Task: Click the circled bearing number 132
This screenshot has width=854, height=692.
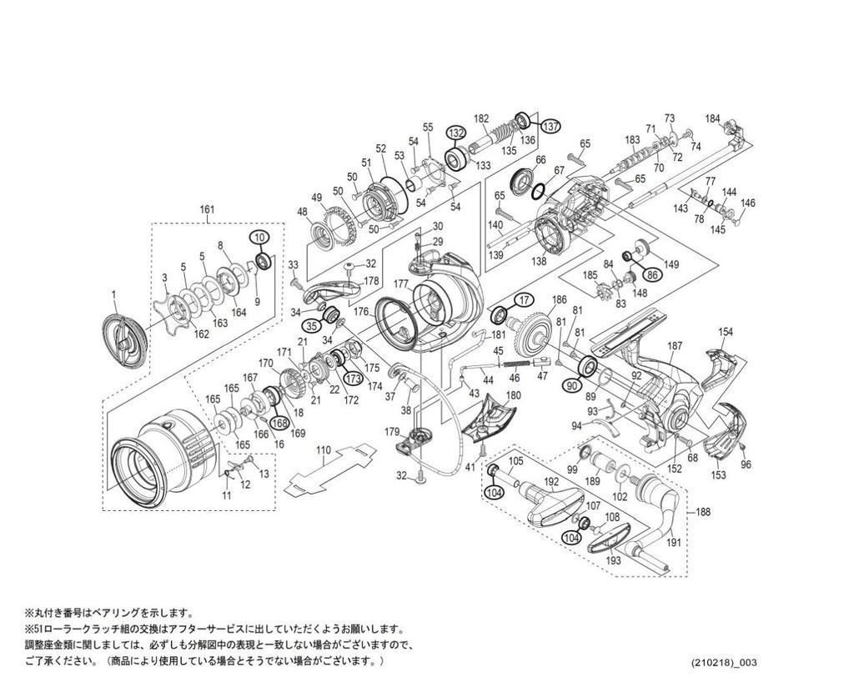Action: [455, 133]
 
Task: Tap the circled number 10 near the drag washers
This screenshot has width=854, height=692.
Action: [260, 238]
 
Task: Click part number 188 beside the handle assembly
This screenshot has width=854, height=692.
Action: [703, 513]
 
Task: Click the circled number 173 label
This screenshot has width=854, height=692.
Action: [352, 379]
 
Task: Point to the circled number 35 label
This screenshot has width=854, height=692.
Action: [311, 326]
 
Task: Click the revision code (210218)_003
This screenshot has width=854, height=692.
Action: [724, 663]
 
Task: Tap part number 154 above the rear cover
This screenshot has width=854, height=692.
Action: [726, 332]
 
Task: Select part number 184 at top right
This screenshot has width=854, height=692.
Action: [712, 118]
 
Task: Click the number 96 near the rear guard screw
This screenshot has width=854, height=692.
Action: [746, 464]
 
